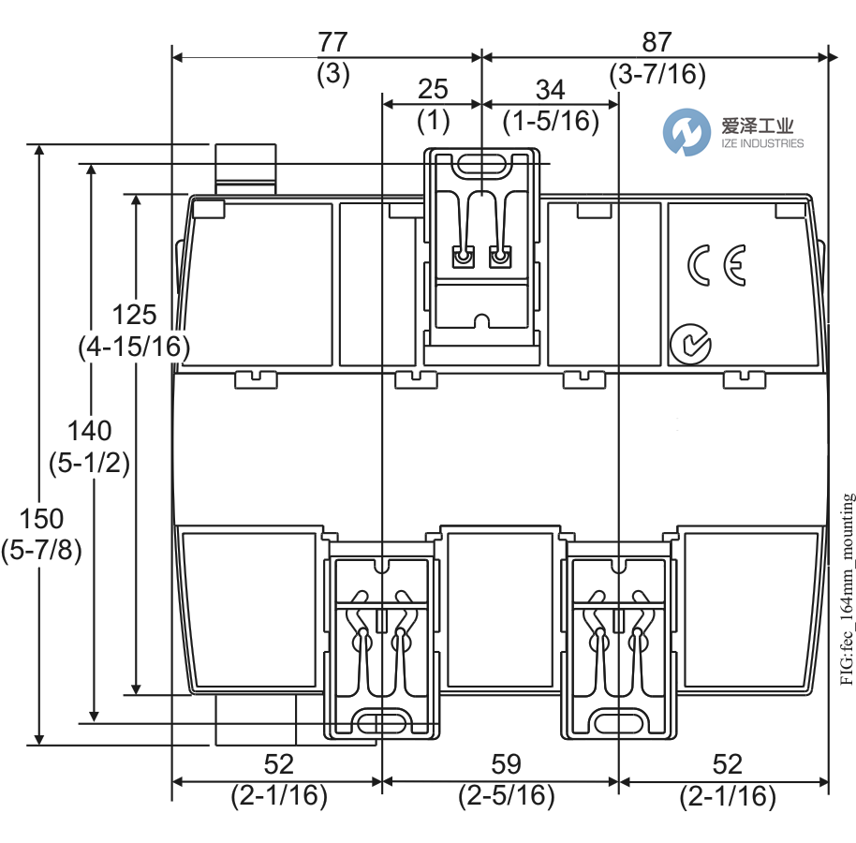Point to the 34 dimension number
[550, 90]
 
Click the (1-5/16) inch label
[551, 121]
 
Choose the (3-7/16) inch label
[657, 74]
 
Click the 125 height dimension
[134, 314]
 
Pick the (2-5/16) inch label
[506, 796]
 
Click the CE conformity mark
[716, 265]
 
